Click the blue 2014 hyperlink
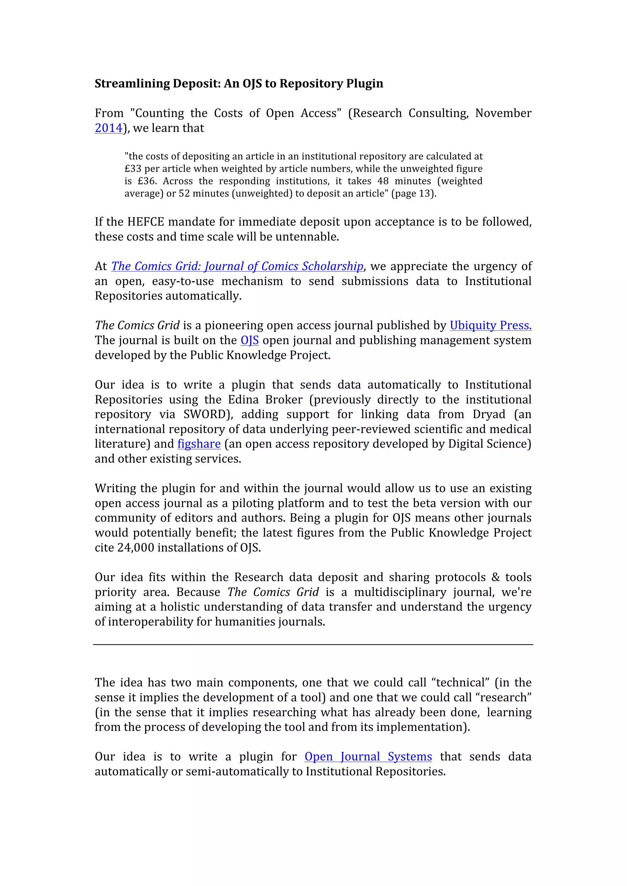[108, 128]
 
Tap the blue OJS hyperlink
[250, 340]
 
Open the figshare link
[199, 444]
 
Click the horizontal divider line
[313, 644]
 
